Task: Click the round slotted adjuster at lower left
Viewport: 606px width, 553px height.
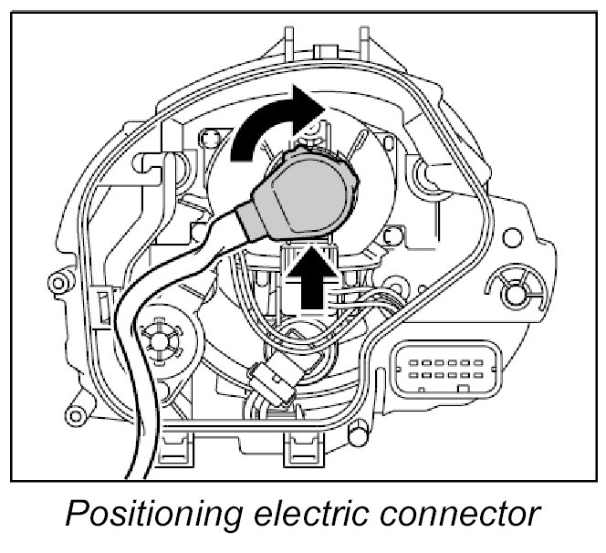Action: click(164, 339)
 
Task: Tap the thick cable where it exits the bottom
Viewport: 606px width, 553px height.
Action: click(137, 456)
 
